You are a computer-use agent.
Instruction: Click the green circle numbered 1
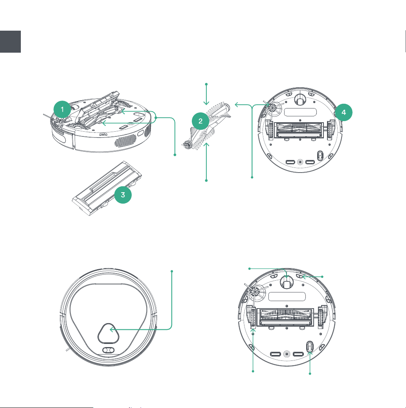click(x=62, y=109)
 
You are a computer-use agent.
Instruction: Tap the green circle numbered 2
click(x=200, y=121)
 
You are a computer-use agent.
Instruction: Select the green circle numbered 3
click(x=123, y=195)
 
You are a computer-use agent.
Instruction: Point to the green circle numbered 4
click(x=344, y=112)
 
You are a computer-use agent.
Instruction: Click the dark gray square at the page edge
click(x=10, y=42)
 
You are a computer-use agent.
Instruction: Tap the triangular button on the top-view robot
click(x=108, y=333)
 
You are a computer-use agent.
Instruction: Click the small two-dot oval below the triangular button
click(x=108, y=350)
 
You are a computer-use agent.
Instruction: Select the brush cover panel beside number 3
click(x=107, y=188)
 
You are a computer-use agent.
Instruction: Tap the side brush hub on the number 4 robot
click(x=272, y=108)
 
